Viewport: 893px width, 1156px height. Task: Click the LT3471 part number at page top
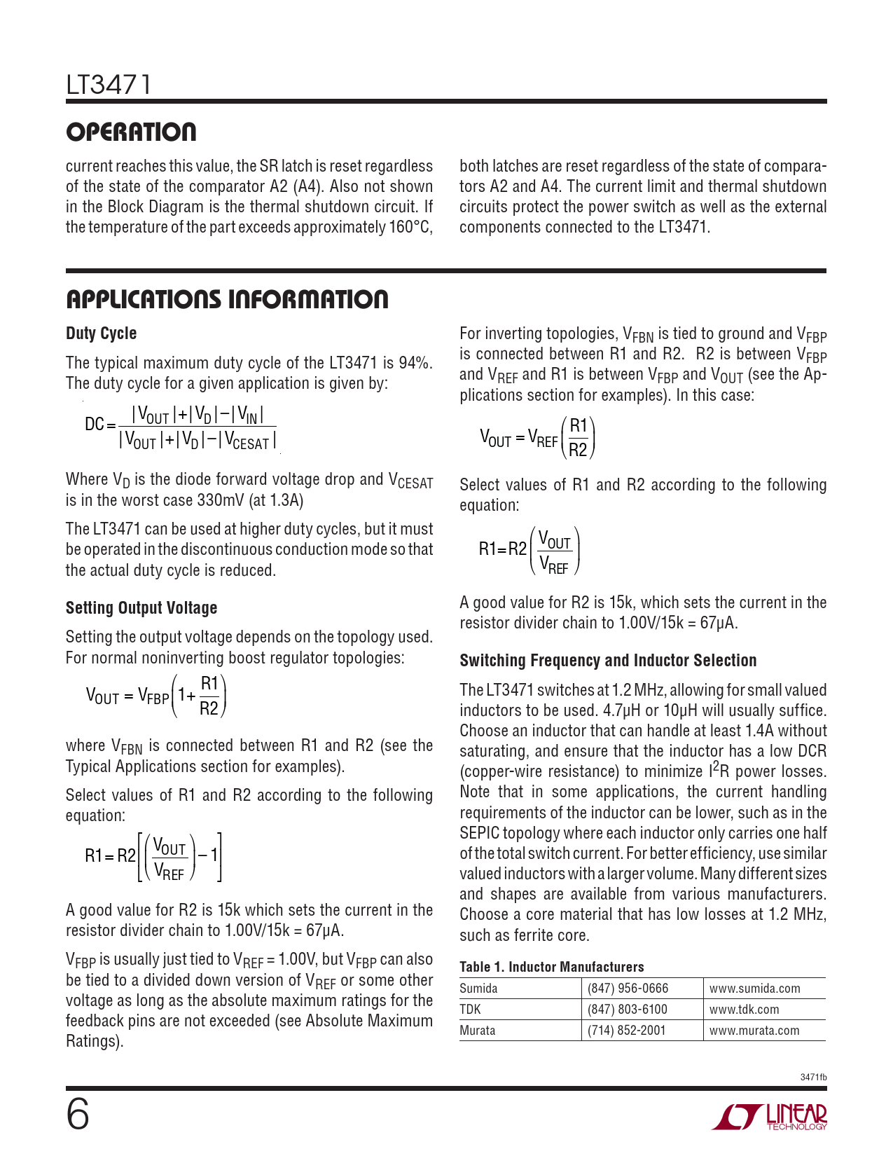pos(109,85)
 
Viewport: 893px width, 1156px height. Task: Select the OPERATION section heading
pos(131,132)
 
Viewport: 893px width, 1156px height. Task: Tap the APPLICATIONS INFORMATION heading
pos(227,299)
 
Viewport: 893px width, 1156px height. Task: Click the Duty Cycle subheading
pos(101,333)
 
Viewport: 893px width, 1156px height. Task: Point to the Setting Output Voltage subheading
pos(141,607)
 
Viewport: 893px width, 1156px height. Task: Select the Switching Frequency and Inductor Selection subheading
pos(608,661)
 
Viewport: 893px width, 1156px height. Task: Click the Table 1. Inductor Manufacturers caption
pos(551,967)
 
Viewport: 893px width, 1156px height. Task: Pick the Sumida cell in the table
pos(478,989)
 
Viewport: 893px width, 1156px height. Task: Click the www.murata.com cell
pos(754,1031)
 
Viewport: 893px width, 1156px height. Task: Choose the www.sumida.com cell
pos(754,989)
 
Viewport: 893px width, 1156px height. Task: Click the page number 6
pos(78,1114)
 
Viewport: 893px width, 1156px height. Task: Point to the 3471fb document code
pos(813,1077)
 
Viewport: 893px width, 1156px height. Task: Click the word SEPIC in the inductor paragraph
pos(479,833)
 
